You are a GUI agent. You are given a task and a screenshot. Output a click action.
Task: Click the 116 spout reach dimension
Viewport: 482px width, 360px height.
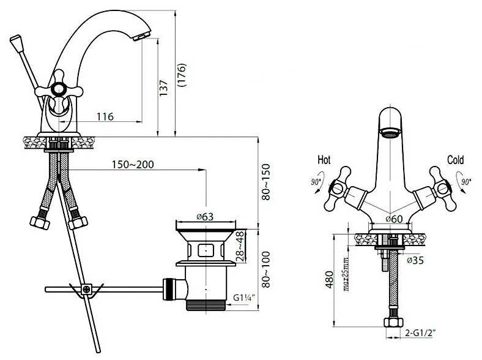coord(105,116)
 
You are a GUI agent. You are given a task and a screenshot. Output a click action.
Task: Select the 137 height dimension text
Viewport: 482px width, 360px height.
coord(163,88)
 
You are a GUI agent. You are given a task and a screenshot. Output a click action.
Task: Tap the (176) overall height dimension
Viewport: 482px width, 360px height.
coord(182,75)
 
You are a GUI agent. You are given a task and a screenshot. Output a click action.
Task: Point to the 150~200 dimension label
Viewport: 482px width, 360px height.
coord(133,164)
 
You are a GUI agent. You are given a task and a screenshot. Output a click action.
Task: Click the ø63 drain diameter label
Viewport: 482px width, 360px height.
coord(205,217)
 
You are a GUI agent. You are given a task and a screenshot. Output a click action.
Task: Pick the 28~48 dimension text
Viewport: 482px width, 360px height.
coord(240,247)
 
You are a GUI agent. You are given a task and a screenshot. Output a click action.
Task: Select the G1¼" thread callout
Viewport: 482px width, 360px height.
coord(244,298)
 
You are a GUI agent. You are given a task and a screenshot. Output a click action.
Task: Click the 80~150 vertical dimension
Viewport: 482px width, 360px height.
coord(265,182)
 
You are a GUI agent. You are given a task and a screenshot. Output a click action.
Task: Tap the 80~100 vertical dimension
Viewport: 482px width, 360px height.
coord(265,269)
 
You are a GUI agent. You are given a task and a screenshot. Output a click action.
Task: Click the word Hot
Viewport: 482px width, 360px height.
coord(324,160)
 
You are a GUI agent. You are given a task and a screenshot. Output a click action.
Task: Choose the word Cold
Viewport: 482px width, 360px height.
coord(455,160)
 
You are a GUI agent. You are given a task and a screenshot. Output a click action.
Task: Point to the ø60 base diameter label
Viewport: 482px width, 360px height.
coord(394,219)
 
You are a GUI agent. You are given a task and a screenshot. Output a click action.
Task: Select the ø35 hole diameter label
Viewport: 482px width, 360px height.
coord(415,260)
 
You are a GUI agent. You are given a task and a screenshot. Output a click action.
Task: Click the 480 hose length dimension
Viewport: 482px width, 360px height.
coord(329,279)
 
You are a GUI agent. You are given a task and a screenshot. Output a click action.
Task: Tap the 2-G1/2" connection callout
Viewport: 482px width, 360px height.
coord(420,332)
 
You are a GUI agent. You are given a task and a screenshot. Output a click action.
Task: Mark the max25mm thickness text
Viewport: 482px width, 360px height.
coord(346,274)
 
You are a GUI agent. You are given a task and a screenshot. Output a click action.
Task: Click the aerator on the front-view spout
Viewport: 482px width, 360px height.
coord(390,133)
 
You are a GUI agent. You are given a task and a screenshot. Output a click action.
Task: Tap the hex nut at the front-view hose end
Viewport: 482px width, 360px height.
coord(393,322)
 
